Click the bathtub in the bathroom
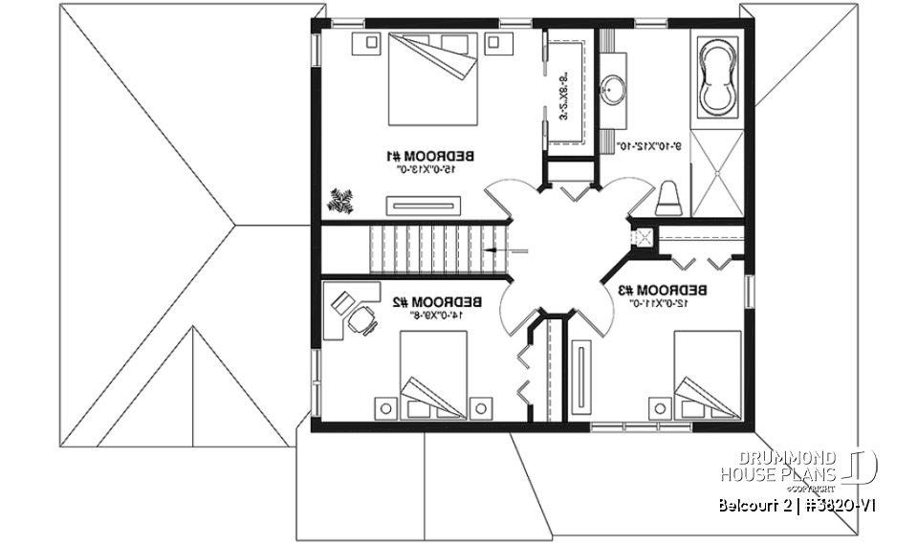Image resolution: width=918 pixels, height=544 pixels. [716, 76]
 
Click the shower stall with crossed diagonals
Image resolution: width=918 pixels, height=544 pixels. [716, 172]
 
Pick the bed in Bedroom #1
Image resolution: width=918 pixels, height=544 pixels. [433, 78]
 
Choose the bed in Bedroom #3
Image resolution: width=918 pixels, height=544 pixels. [707, 375]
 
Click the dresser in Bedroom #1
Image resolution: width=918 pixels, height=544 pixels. [424, 204]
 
